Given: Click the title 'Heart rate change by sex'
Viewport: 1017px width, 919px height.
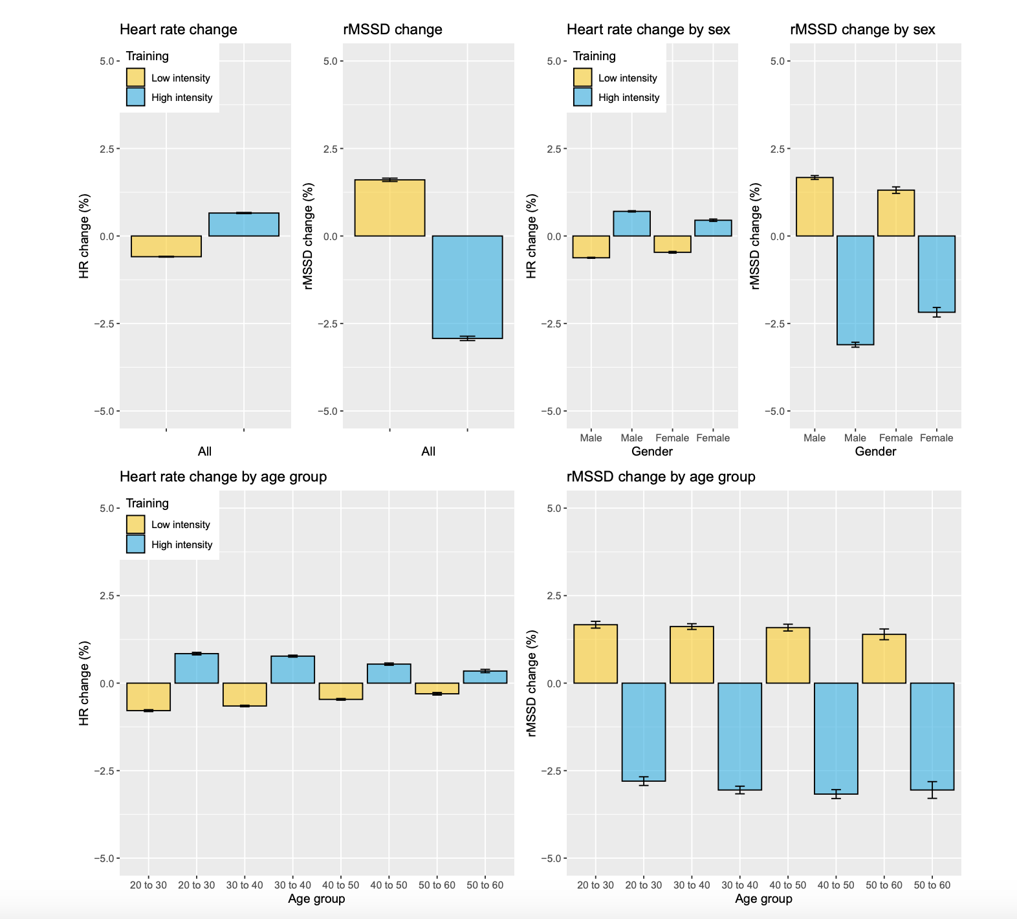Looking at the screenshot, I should [x=648, y=30].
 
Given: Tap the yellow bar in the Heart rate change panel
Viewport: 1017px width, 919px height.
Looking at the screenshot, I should [x=166, y=247].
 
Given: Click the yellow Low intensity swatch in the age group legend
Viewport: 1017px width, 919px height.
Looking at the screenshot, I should [x=136, y=524].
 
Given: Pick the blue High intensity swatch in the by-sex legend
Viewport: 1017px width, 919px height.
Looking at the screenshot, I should [x=583, y=97].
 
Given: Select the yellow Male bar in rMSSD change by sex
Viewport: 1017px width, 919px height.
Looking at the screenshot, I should [x=815, y=206].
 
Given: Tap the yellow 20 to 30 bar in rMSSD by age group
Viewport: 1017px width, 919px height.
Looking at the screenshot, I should [x=595, y=654].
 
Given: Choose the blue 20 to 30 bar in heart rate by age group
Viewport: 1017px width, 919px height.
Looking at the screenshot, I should [x=197, y=669].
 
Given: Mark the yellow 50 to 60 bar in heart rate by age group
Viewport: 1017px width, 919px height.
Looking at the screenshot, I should [x=437, y=689].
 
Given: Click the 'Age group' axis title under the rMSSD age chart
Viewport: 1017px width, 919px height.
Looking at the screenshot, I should [x=763, y=899].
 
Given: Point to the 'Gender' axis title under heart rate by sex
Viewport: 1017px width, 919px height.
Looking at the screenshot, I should [x=651, y=452].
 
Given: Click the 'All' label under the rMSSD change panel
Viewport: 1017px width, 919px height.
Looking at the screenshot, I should [x=428, y=452].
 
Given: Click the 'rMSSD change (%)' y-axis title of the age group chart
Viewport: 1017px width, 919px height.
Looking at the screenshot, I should [x=532, y=683].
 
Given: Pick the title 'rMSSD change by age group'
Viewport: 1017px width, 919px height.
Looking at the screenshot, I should [x=661, y=477].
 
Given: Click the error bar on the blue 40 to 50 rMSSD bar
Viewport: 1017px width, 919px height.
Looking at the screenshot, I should [x=836, y=794].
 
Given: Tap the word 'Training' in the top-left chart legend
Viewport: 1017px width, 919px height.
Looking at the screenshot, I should [x=147, y=56].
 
